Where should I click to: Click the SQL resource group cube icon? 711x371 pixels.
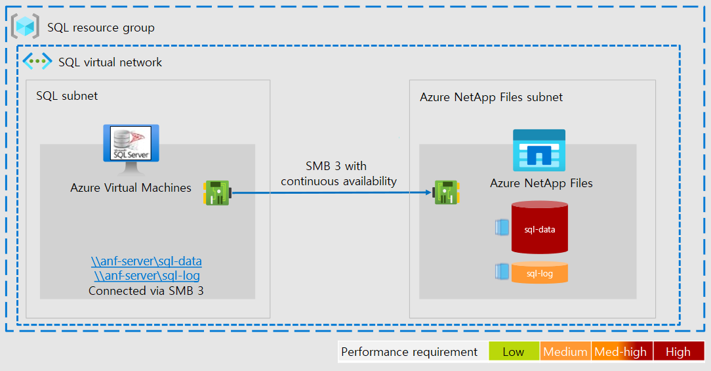click(x=26, y=27)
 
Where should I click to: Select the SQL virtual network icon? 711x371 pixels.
click(x=37, y=62)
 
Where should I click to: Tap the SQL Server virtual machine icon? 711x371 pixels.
click(x=131, y=143)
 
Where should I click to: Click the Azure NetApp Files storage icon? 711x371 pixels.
click(x=538, y=150)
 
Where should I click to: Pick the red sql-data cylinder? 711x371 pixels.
click(x=539, y=228)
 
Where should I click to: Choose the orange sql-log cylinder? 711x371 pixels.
click(x=539, y=273)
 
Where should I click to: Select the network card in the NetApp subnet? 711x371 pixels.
click(x=446, y=193)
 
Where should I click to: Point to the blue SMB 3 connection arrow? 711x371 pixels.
click(x=331, y=193)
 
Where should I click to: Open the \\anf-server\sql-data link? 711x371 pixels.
click(x=146, y=261)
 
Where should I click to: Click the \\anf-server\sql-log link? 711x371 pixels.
click(x=146, y=276)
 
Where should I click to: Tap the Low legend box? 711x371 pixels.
click(x=513, y=351)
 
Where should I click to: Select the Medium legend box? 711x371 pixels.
click(x=565, y=351)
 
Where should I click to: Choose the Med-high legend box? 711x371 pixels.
click(x=620, y=351)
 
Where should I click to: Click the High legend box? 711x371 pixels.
click(x=678, y=351)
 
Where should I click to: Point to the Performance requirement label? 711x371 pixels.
click(x=409, y=352)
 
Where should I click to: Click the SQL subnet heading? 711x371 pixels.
click(x=67, y=96)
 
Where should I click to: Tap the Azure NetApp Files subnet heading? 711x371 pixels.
click(x=491, y=97)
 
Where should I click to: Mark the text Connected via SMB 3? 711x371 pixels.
click(x=146, y=290)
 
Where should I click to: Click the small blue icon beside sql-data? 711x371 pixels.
click(x=501, y=227)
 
